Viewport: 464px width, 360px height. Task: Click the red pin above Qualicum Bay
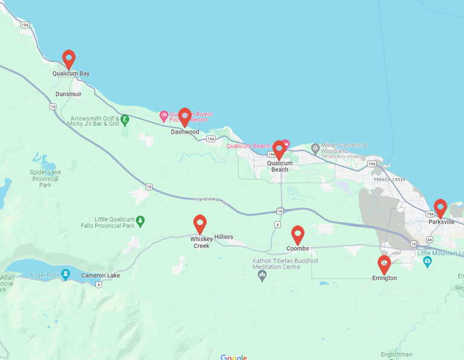pos(69,59)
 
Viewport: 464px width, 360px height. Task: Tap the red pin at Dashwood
pos(185,117)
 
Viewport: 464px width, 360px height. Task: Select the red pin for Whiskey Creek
pos(199,223)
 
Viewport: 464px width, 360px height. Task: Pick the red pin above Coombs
pos(297,234)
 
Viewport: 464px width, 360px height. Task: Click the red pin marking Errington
pos(384,264)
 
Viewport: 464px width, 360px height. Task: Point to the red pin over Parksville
pos(440,208)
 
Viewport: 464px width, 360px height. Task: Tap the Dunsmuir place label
pos(68,94)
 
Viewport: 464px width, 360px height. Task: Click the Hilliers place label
pos(223,237)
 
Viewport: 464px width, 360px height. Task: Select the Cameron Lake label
pos(100,275)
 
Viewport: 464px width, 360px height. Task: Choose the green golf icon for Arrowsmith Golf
pos(124,120)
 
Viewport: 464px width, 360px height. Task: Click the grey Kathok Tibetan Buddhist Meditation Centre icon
pos(262,276)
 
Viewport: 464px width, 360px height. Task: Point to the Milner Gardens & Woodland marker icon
pos(315,147)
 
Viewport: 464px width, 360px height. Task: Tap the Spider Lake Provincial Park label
pos(45,179)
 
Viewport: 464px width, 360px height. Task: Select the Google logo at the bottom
pos(233,357)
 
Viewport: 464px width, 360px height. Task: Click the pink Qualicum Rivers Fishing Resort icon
pos(164,115)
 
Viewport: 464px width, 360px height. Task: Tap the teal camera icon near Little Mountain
pos(428,262)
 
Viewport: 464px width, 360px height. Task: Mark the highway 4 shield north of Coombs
pos(277,225)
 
